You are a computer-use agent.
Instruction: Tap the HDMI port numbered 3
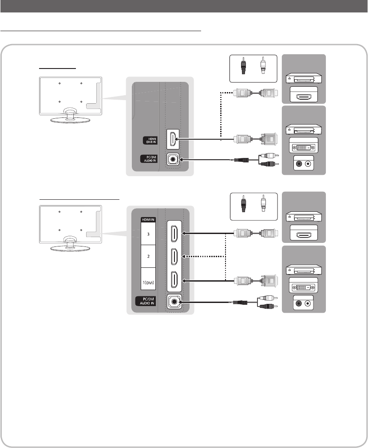click(x=174, y=232)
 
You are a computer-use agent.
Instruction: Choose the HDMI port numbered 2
click(x=174, y=256)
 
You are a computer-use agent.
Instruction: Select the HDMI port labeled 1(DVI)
click(x=174, y=280)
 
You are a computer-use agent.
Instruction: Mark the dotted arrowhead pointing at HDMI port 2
click(x=186, y=256)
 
